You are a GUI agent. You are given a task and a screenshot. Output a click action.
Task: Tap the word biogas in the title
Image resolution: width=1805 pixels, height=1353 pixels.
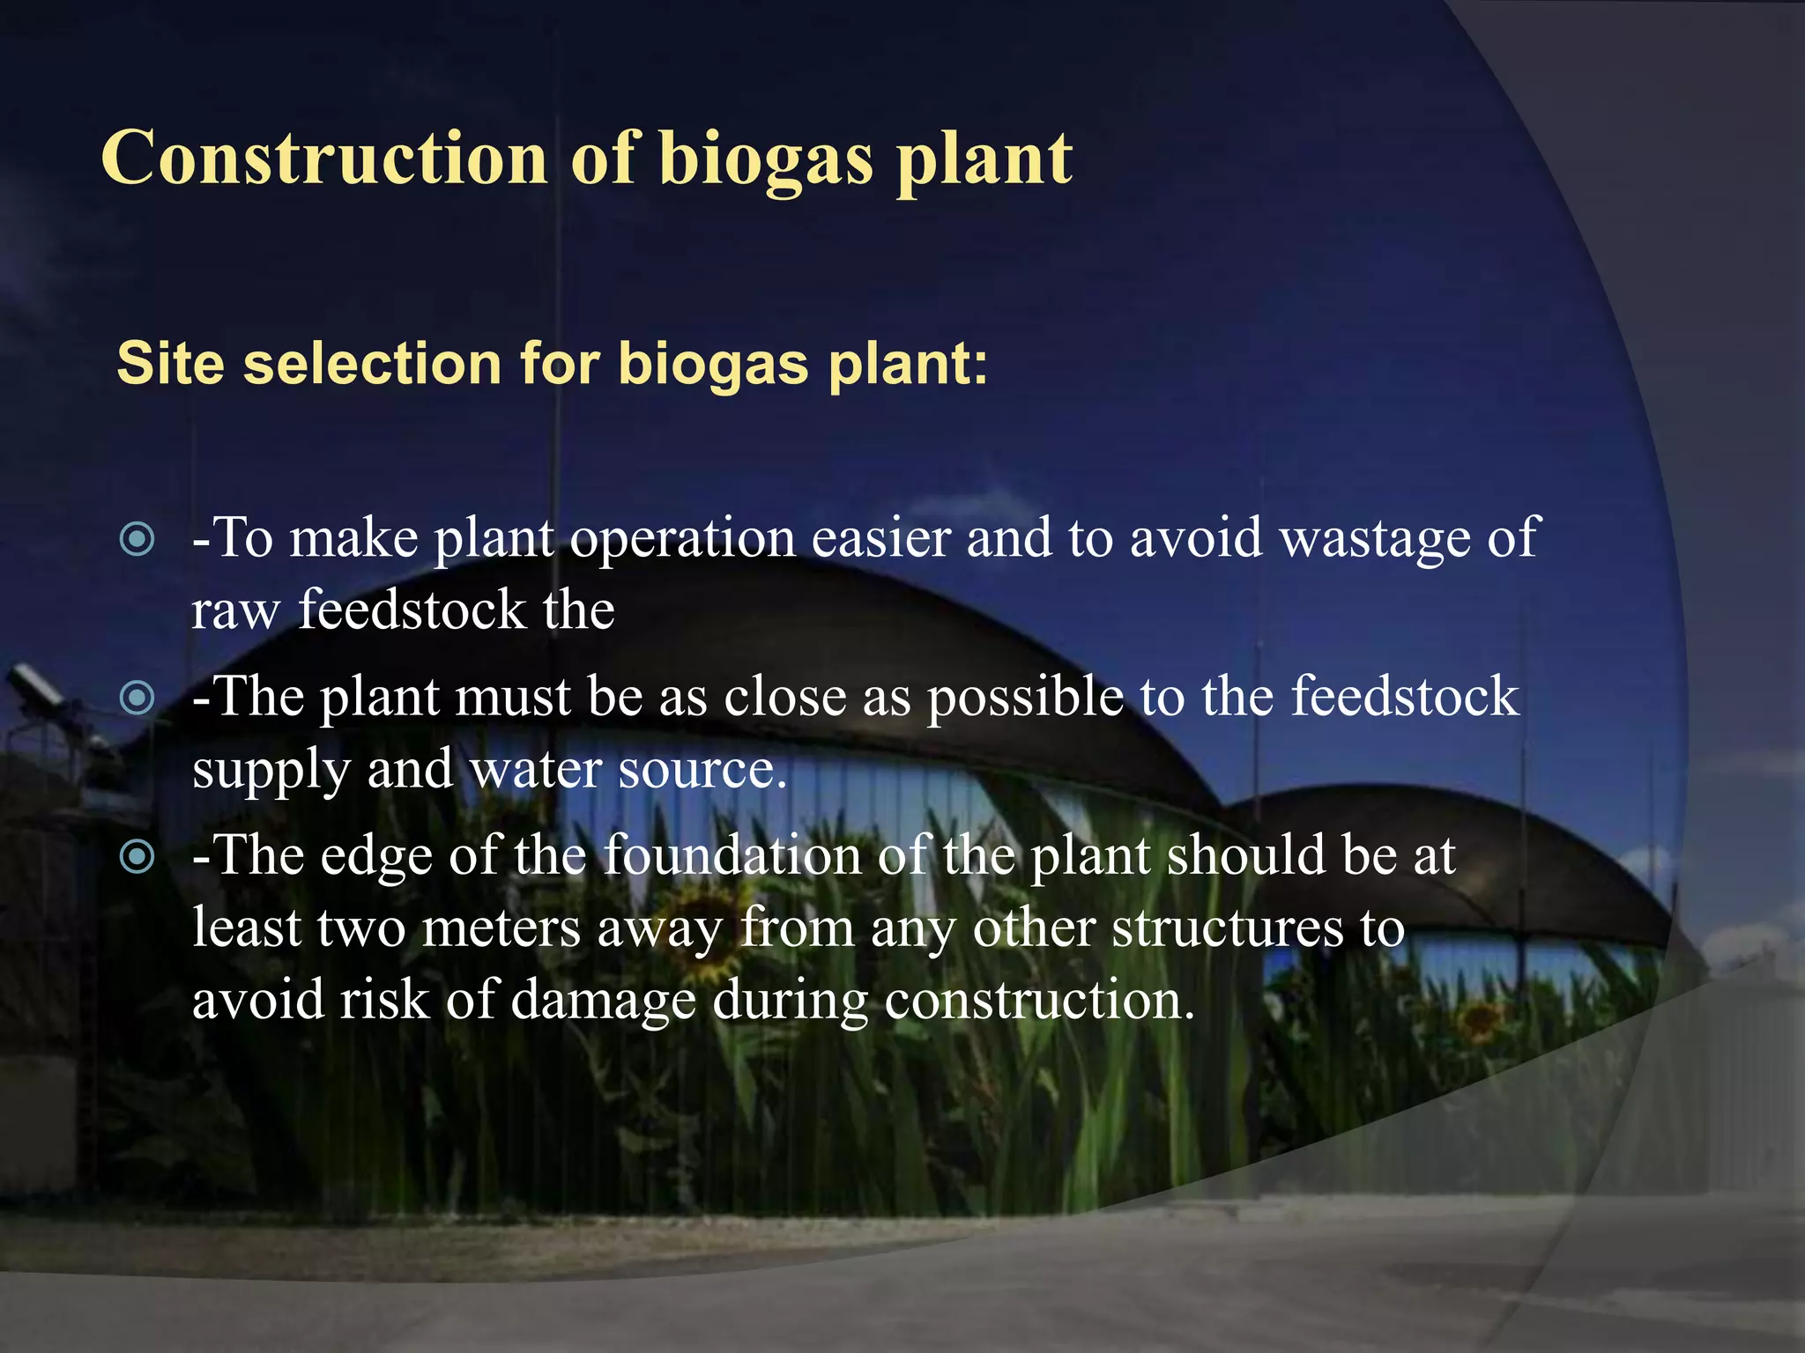click(765, 160)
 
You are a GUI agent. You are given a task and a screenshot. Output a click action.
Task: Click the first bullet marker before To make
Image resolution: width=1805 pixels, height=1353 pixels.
click(137, 539)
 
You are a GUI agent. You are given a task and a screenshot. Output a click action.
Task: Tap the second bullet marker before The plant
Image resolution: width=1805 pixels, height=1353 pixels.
click(137, 699)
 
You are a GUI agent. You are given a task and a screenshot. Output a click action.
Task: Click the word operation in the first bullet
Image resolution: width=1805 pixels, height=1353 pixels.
click(682, 539)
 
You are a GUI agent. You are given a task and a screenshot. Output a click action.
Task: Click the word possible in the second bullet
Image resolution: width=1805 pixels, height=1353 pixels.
click(1025, 699)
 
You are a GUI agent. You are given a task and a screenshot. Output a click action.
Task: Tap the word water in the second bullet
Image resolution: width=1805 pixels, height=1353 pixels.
click(535, 770)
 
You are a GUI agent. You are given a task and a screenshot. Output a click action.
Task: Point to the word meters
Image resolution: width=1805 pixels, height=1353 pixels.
click(501, 928)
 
